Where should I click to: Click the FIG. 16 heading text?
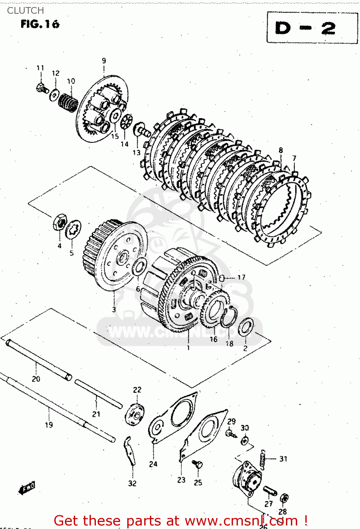[40, 24]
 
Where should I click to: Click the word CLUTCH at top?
[25, 11]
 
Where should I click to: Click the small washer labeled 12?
[54, 95]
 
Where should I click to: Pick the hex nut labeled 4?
[60, 222]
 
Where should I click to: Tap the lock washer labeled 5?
[73, 229]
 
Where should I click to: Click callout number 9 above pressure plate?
[104, 61]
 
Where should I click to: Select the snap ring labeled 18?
[228, 317]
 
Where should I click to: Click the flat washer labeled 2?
[246, 327]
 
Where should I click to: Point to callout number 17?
[241, 277]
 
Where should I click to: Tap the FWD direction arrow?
[27, 488]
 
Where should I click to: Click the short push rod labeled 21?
[98, 394]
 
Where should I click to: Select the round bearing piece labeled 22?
[135, 415]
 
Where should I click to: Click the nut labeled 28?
[284, 498]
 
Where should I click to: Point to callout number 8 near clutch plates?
[281, 150]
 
